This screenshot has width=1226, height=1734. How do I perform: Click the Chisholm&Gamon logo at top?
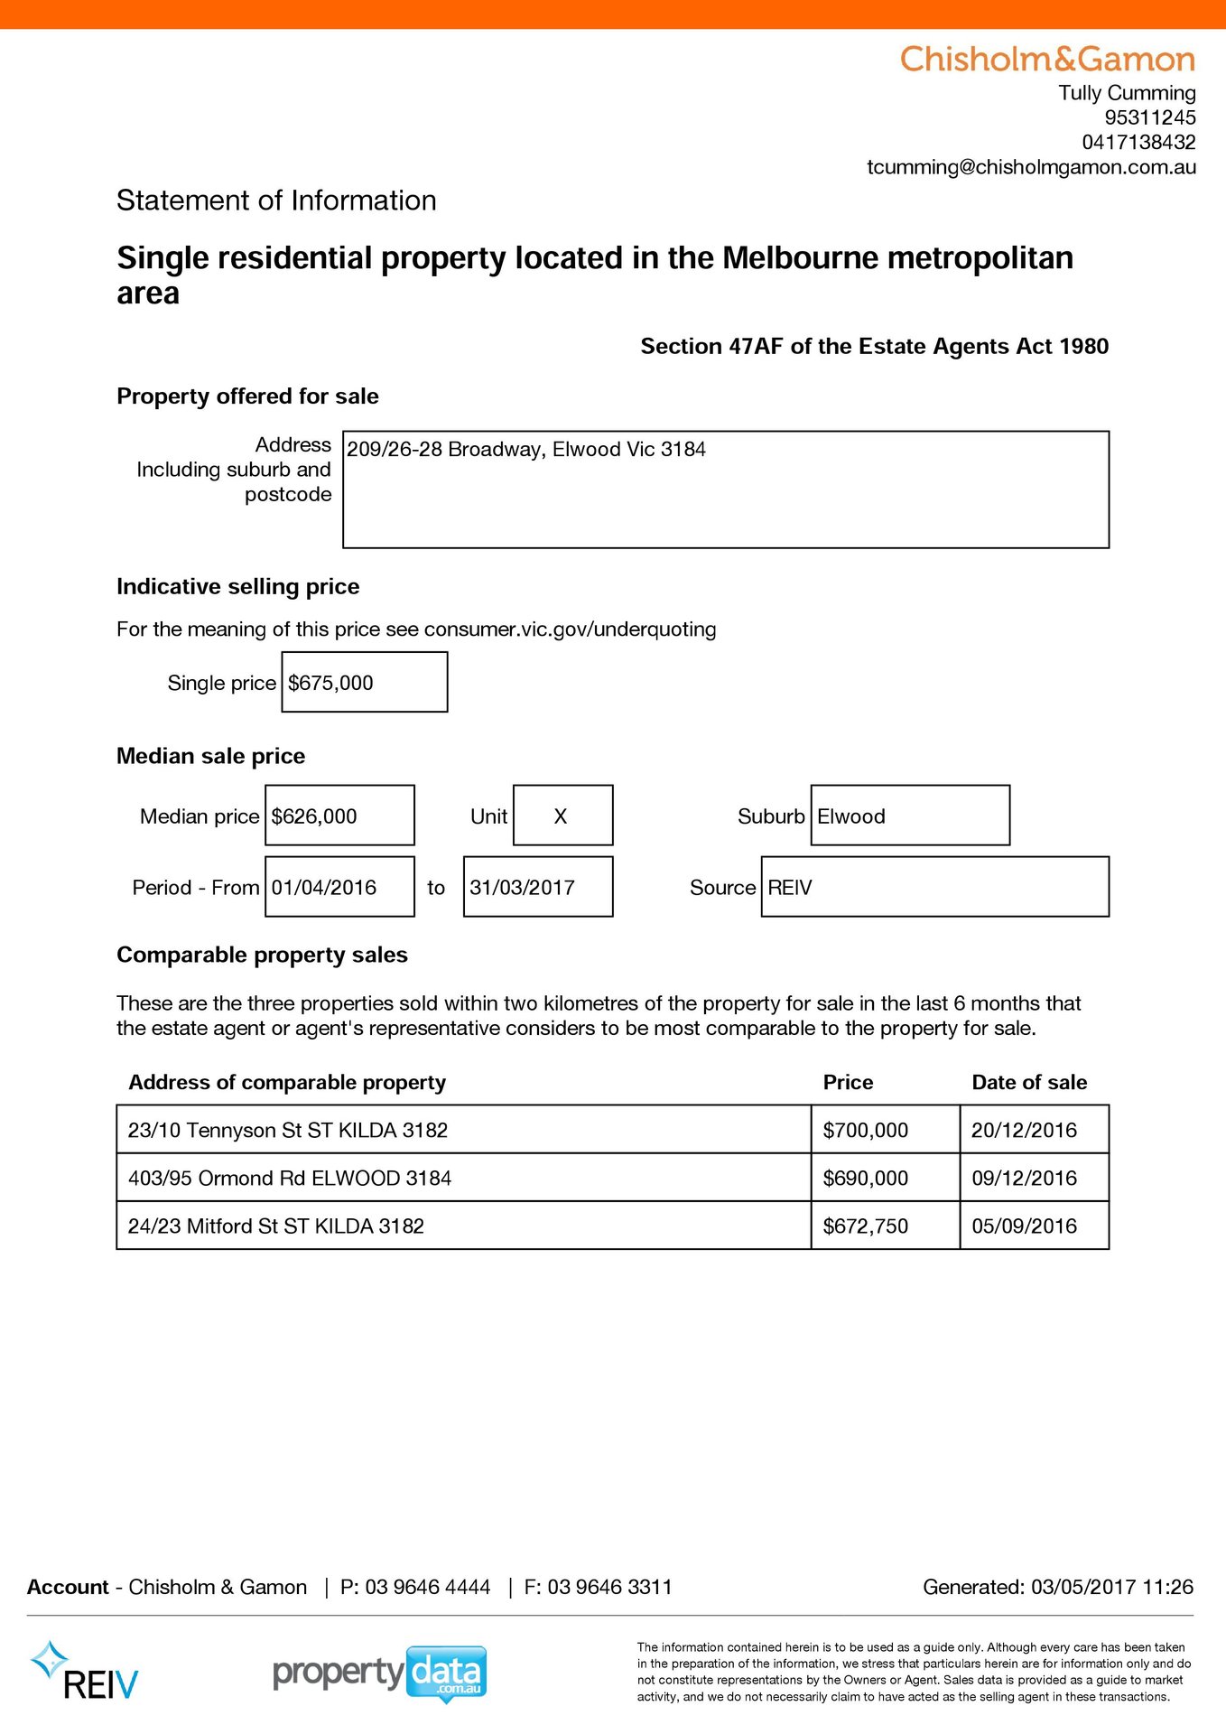[1047, 60]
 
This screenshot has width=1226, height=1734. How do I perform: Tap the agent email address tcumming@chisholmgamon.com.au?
[1031, 167]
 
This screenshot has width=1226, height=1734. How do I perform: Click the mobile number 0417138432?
[1138, 142]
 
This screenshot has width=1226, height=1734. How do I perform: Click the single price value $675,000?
[330, 683]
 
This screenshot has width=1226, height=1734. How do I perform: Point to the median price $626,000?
[314, 816]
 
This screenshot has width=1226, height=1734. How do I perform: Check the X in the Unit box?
[561, 816]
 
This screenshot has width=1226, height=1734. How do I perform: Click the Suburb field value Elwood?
[851, 816]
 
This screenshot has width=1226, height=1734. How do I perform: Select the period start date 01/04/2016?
[324, 888]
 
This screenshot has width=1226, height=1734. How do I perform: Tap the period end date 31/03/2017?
[522, 888]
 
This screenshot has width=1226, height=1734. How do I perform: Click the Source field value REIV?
[790, 888]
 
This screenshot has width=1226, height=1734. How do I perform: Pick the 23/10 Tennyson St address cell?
[288, 1130]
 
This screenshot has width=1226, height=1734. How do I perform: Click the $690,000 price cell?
[866, 1178]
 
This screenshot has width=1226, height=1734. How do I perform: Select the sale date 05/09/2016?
[1024, 1226]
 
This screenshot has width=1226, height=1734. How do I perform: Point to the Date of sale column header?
[1029, 1082]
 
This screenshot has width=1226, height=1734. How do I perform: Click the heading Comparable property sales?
[262, 955]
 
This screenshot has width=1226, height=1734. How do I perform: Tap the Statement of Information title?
[276, 200]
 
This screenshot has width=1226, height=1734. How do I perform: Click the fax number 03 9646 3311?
[609, 1587]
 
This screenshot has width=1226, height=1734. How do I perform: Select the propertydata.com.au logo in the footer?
[380, 1673]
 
